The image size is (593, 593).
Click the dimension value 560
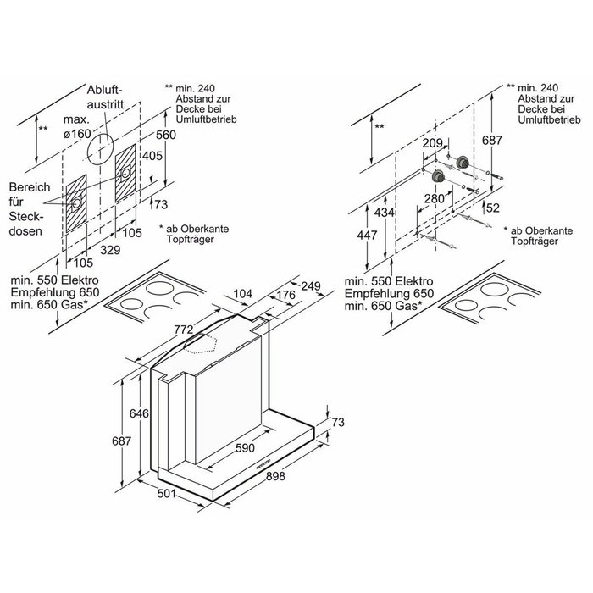pos(166,135)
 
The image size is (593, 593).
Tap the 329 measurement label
pos(111,251)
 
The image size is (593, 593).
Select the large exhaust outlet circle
pos(102,147)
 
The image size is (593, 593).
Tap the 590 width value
pos(245,446)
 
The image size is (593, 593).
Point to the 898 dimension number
pos(275,477)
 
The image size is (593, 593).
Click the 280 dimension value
pos(434,197)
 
